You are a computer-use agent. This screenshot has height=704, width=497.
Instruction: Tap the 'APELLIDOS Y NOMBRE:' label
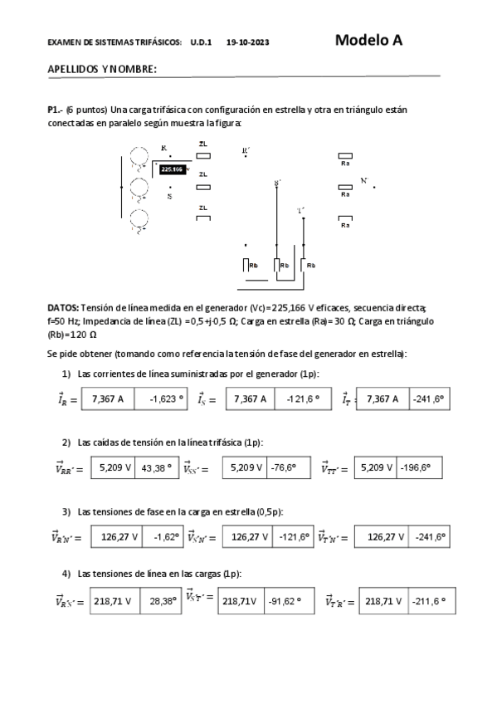tap(103, 69)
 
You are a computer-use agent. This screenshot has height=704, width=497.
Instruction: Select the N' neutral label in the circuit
tap(364, 179)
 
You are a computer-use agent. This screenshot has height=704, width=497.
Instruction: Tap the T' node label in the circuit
tap(300, 210)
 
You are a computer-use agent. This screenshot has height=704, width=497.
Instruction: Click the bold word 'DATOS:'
tap(64, 306)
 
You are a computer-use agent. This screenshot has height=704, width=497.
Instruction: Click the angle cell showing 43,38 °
tap(157, 467)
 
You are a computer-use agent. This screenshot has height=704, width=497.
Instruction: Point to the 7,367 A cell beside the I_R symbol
tap(108, 399)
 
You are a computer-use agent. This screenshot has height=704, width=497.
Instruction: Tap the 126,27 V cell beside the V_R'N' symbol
tap(119, 536)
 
